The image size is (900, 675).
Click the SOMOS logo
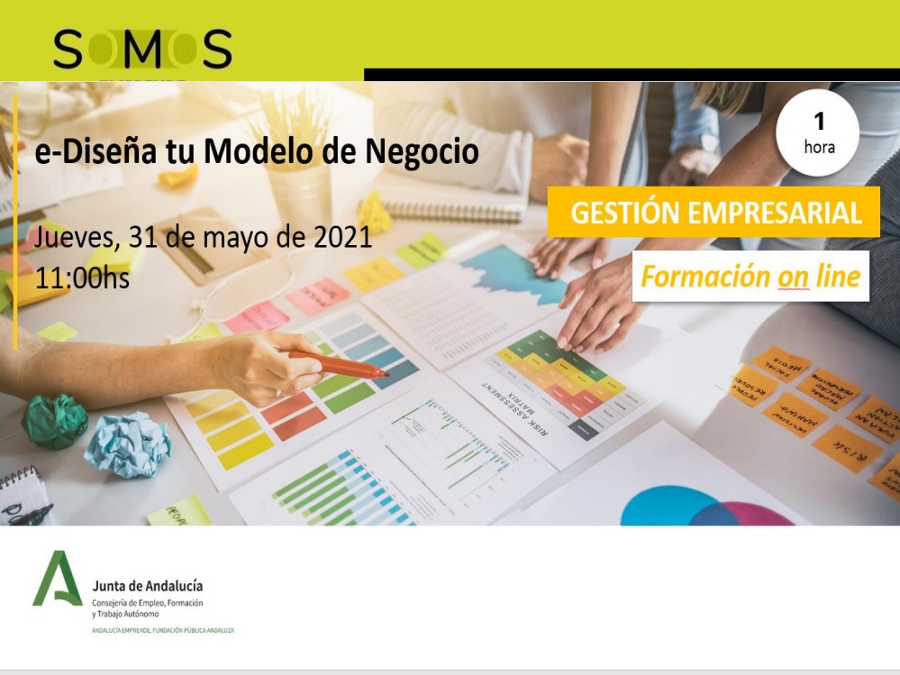click(142, 49)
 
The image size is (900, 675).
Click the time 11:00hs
click(82, 278)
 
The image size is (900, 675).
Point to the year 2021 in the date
click(342, 237)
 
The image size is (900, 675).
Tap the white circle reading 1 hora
click(818, 133)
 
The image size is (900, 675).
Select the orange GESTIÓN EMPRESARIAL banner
click(713, 213)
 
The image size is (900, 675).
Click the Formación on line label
click(750, 276)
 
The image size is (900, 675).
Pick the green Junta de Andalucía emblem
click(57, 579)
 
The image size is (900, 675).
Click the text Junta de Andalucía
click(148, 587)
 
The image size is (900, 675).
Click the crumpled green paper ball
click(55, 420)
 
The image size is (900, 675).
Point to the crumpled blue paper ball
click(128, 444)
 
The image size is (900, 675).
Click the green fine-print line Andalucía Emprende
click(163, 631)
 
